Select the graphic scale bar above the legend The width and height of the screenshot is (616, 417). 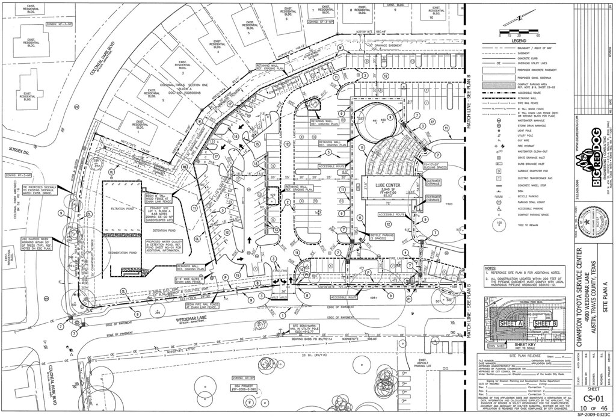click(519, 29)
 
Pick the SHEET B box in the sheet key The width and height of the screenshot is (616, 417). click(546, 323)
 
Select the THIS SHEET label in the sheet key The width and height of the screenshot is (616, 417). click(497, 346)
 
